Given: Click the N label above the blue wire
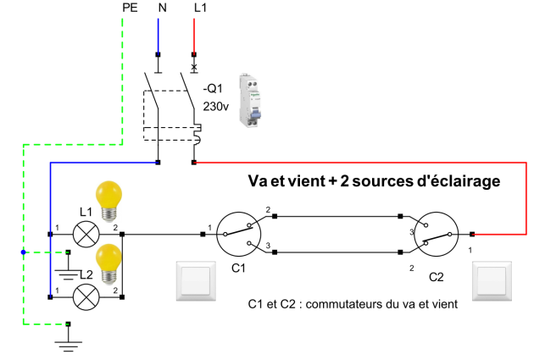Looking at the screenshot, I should (x=159, y=8).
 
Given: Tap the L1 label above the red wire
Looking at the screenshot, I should (x=197, y=8).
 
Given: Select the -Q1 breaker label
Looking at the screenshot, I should (x=212, y=88).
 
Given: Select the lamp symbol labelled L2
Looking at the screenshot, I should (x=86, y=297).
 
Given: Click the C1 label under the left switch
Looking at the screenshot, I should (x=238, y=269).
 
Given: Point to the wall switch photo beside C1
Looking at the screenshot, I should (x=196, y=280).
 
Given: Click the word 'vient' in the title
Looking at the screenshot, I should (x=314, y=181).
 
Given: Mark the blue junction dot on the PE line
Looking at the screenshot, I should (x=24, y=252).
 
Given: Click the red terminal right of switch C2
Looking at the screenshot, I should (x=472, y=234).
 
